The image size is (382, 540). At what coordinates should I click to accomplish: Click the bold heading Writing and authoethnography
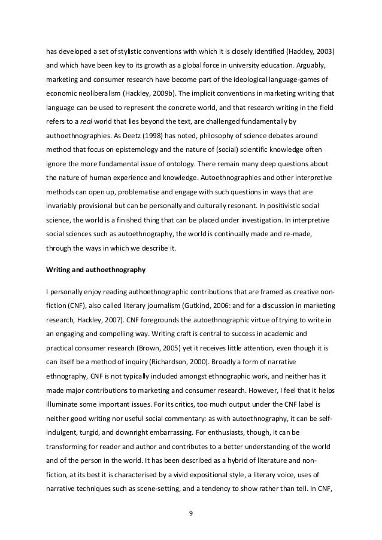(96, 270)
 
